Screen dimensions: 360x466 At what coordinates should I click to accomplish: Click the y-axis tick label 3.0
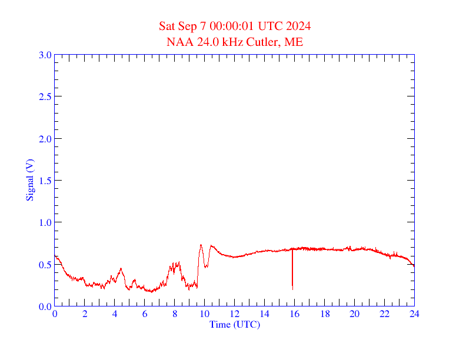tap(45, 55)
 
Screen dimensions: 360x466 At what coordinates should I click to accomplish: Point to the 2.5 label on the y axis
tap(45, 96)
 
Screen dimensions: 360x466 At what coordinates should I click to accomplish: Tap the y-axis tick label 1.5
tap(45, 181)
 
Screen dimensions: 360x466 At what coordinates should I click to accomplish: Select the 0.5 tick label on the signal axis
tap(45, 265)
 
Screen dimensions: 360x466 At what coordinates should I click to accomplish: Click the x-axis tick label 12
tap(235, 314)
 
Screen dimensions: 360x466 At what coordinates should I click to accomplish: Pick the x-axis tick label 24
tap(414, 314)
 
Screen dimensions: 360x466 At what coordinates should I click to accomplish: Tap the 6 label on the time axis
tap(145, 314)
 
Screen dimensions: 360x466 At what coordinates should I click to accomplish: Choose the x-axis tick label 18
tap(325, 314)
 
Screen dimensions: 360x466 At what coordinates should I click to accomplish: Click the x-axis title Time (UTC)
tap(235, 324)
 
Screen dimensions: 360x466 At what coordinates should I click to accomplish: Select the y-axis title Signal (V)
tap(29, 180)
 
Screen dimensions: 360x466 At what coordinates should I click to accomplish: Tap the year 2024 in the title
tap(298, 26)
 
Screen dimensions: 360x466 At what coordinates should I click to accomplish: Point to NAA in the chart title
tap(179, 42)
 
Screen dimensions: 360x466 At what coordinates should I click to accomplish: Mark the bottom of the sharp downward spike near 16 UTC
tap(292, 288)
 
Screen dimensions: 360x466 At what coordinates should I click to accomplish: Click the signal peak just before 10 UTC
tap(201, 245)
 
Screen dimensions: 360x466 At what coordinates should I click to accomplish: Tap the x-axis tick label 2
tap(85, 314)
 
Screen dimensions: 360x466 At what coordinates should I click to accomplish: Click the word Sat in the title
tap(167, 26)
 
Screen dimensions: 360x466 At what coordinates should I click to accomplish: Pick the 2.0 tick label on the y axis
tap(45, 139)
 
